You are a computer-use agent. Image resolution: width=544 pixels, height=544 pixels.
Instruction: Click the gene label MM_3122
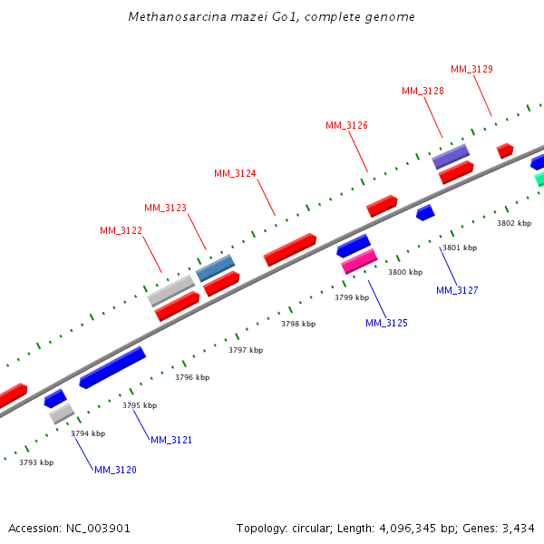click(x=121, y=230)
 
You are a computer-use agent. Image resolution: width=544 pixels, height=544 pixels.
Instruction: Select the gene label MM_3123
click(x=165, y=208)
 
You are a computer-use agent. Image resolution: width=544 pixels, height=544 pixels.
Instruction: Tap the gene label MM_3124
click(x=235, y=173)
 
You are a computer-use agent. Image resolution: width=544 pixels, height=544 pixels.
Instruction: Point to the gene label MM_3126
click(x=346, y=125)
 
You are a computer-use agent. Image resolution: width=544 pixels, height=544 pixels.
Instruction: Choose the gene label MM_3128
click(x=423, y=91)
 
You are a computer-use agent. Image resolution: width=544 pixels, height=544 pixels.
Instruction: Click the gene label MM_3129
click(x=471, y=69)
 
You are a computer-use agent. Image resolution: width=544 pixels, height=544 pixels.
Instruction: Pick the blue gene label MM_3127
click(x=457, y=290)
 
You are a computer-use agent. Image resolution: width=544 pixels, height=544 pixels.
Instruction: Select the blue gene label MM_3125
click(x=386, y=323)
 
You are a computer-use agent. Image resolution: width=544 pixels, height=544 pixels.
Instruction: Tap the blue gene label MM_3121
click(x=171, y=440)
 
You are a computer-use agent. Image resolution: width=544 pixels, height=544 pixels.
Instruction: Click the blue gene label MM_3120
click(x=115, y=470)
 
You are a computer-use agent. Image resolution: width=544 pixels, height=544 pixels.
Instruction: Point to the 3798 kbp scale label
click(x=298, y=324)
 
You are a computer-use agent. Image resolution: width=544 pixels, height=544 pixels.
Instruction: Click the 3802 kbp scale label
click(x=514, y=223)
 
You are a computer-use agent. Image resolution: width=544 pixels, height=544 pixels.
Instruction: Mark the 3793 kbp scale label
click(x=36, y=462)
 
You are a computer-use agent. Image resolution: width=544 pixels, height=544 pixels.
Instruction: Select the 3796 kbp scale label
click(x=192, y=377)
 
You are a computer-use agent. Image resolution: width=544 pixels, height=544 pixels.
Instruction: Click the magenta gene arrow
click(x=359, y=261)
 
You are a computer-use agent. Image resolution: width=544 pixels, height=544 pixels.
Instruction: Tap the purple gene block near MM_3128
click(x=451, y=156)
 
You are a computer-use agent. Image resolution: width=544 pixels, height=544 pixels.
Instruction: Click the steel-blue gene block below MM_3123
click(x=216, y=267)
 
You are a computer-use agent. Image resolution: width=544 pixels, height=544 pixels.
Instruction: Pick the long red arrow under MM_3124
click(x=290, y=249)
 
